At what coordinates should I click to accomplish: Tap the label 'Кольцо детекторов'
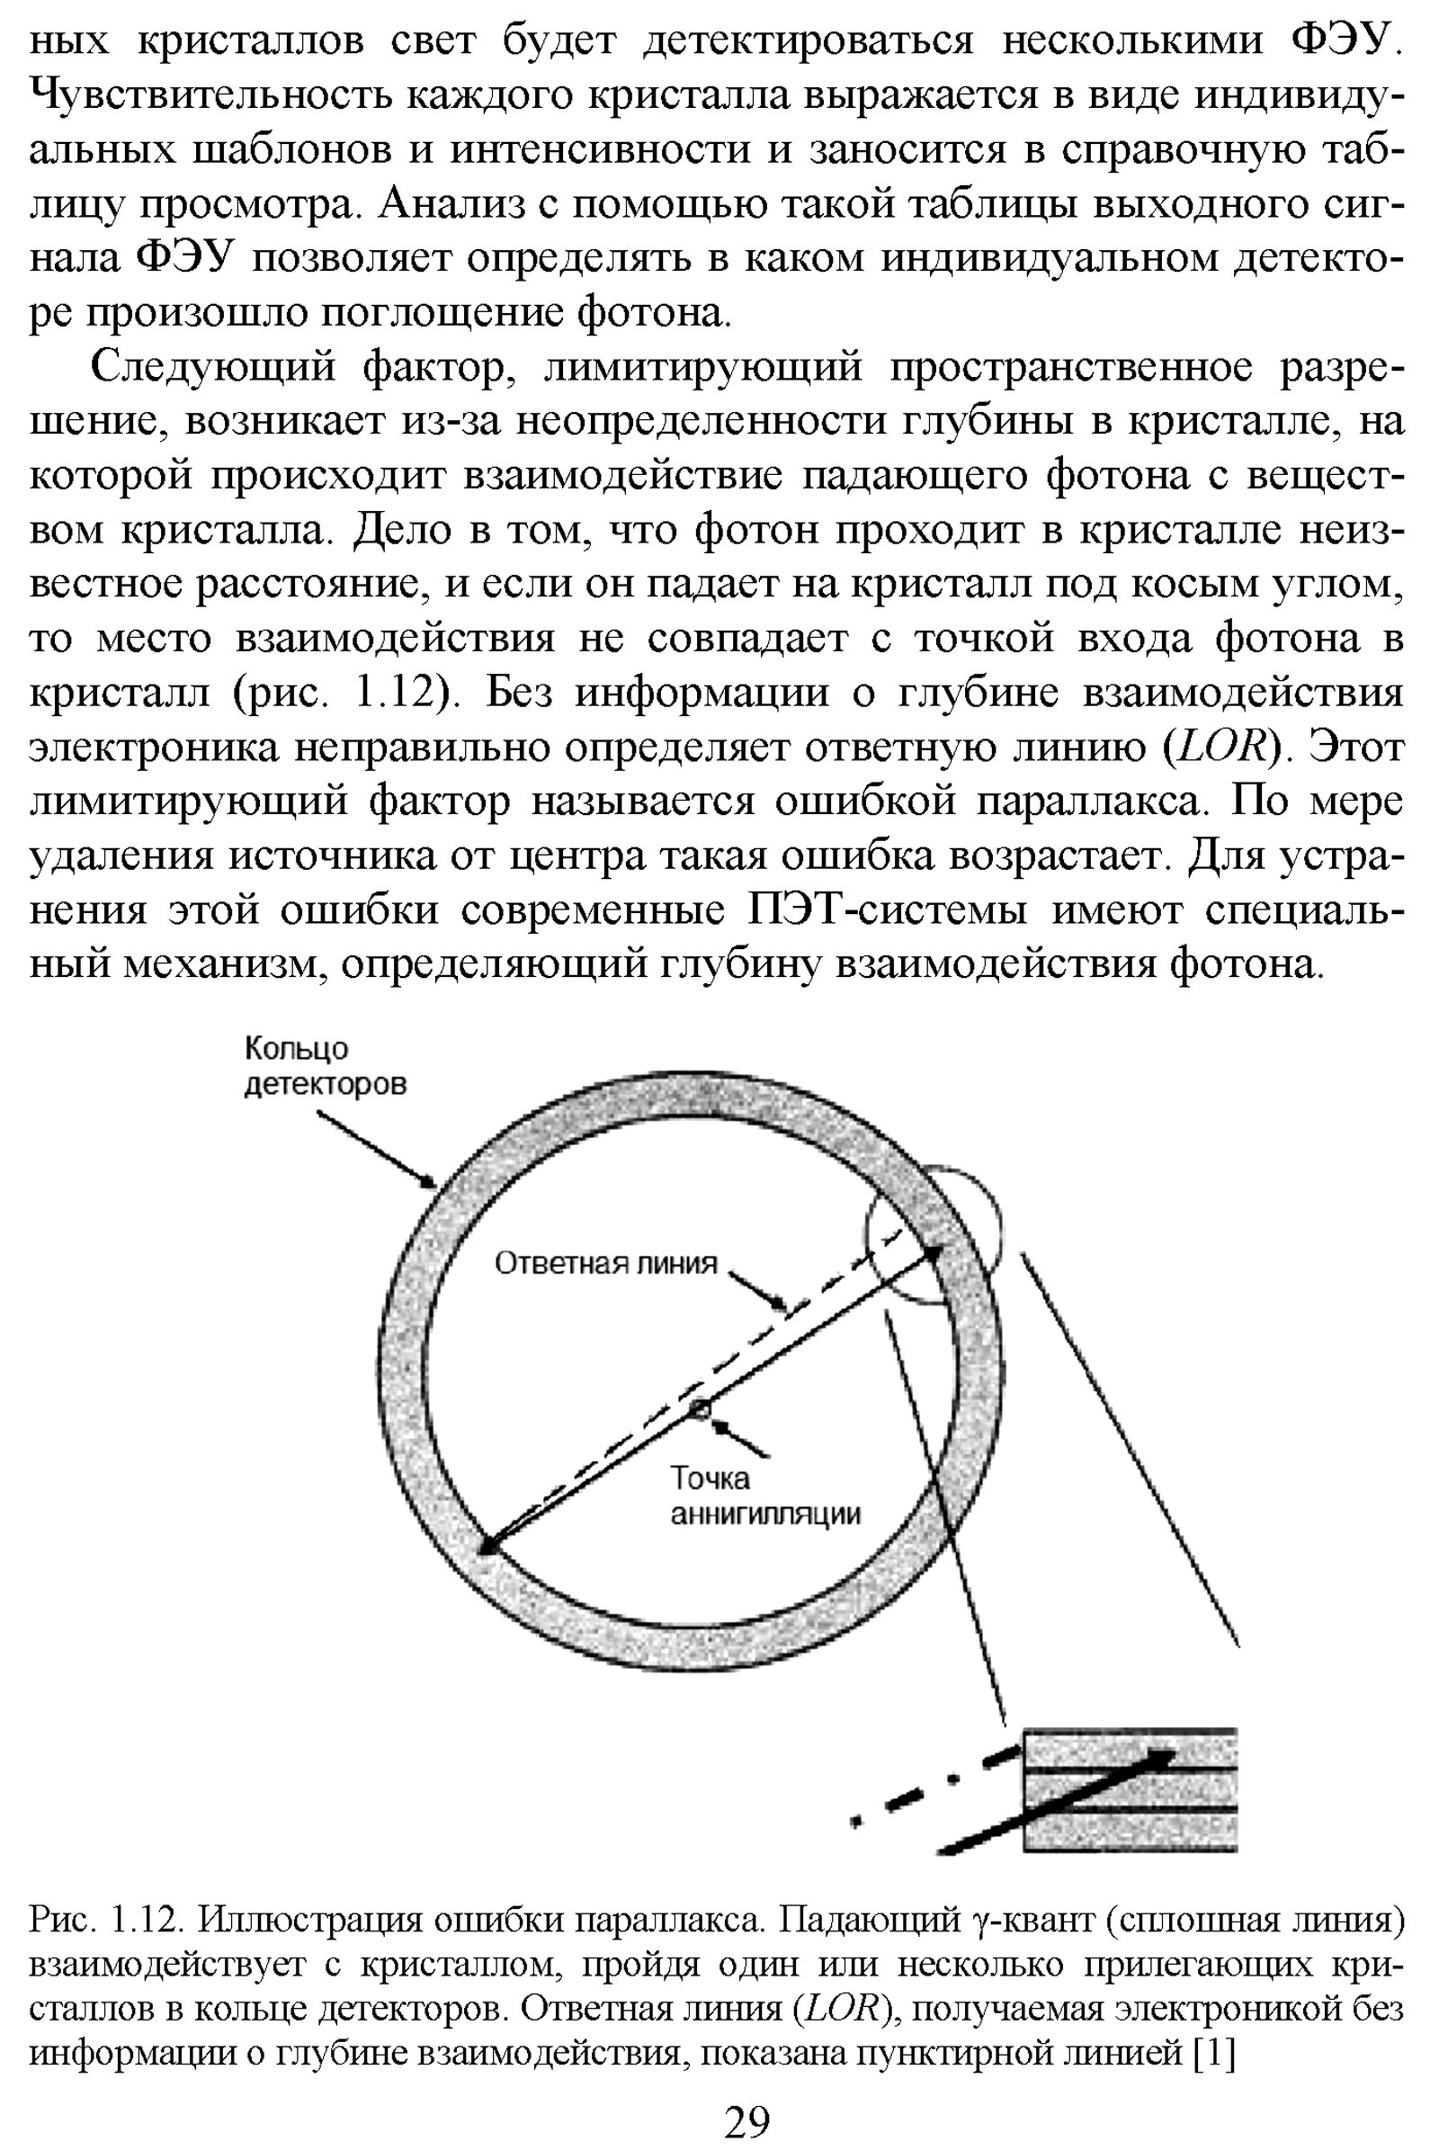(325, 1066)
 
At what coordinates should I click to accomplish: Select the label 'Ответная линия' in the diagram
(605, 1263)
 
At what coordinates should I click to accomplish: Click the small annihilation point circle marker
(701, 1407)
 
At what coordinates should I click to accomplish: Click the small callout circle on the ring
(934, 1235)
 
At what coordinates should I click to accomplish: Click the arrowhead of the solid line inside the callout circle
(933, 1252)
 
